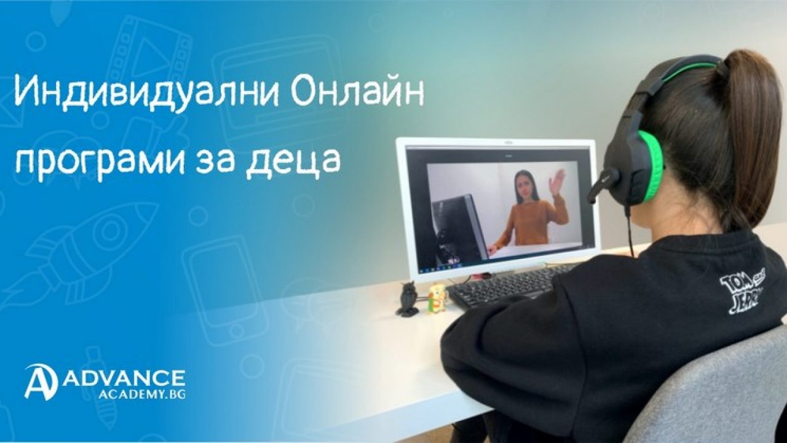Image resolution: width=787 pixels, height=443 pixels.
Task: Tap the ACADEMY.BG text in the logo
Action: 142,394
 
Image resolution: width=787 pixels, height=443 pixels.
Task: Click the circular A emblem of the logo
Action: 41,382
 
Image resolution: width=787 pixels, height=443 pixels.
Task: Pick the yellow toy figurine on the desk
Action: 437,297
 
